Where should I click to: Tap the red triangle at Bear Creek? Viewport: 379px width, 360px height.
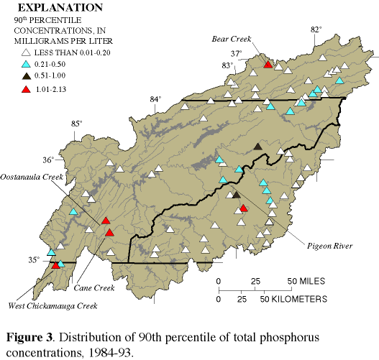coord(268,65)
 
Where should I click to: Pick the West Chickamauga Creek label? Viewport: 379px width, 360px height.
coord(52,307)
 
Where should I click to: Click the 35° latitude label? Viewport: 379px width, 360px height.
coord(34,260)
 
